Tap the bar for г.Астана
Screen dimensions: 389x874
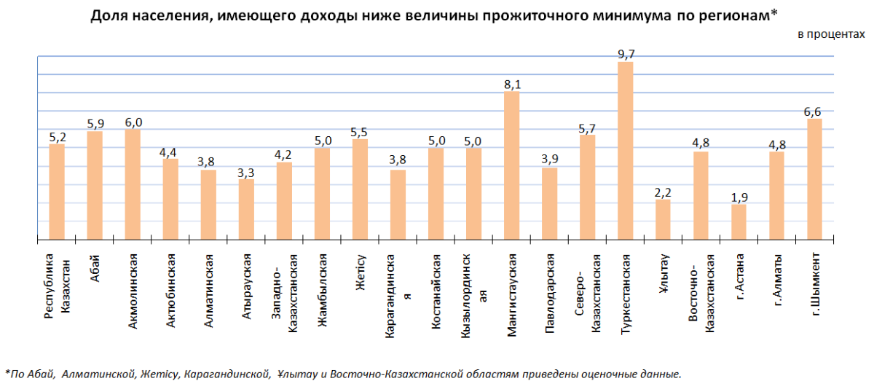point(739,221)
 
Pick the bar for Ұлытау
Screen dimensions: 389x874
point(664,219)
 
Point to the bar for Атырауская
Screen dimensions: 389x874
point(246,209)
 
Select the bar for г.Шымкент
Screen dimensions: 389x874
point(815,178)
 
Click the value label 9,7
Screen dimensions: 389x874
point(626,54)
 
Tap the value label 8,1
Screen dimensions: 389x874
point(512,84)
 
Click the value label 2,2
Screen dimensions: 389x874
point(664,192)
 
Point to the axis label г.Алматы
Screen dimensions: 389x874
point(777,280)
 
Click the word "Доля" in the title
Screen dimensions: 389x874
point(109,15)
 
